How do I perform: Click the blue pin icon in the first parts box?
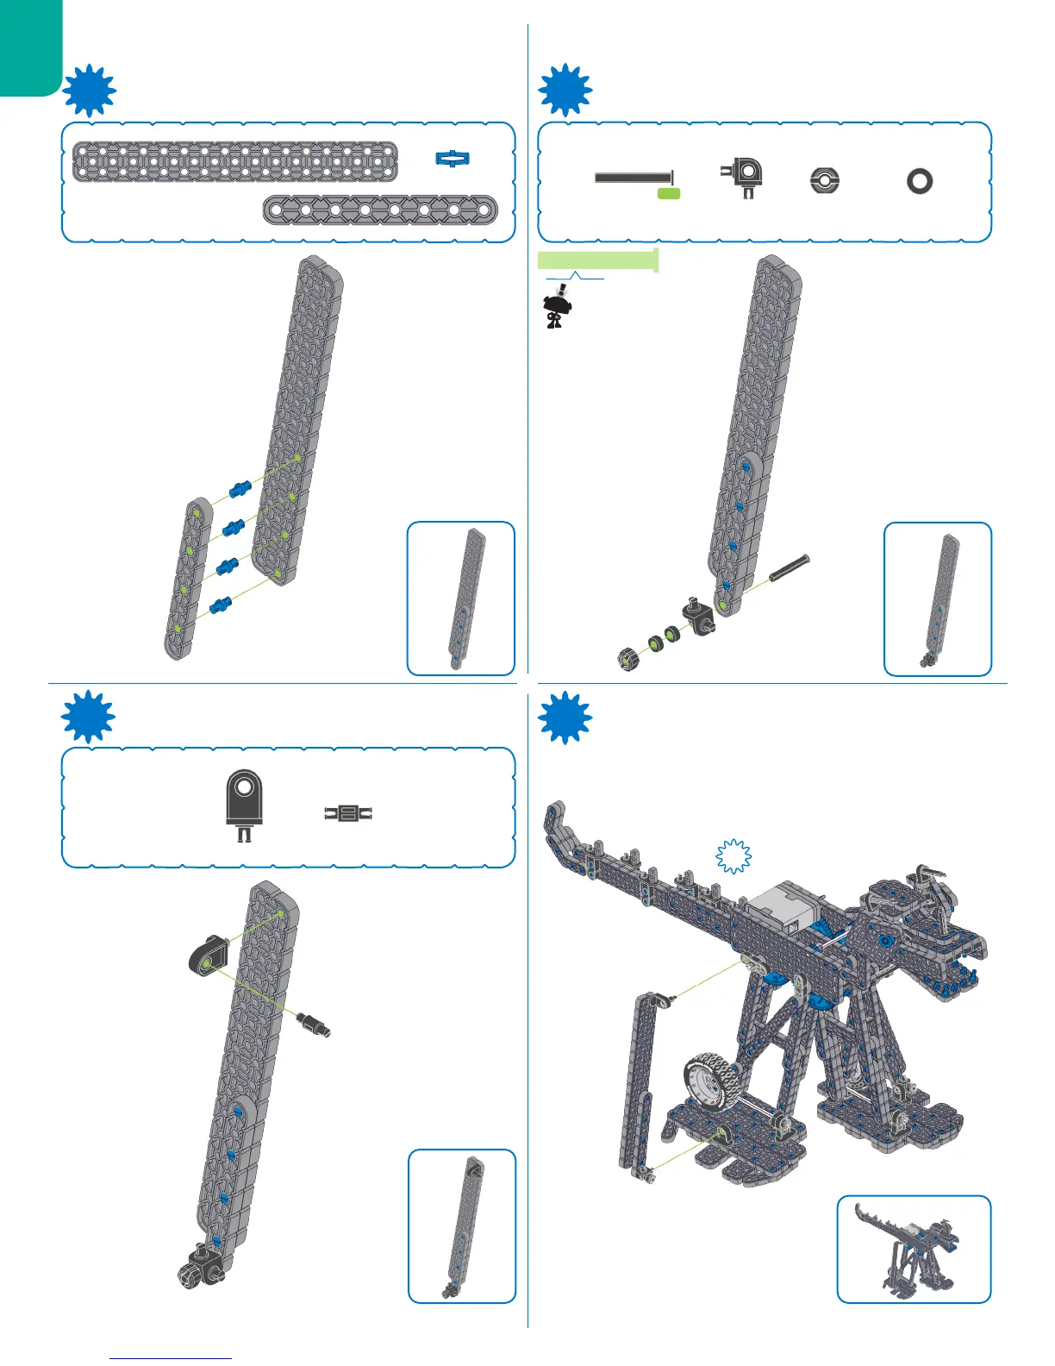click(x=453, y=158)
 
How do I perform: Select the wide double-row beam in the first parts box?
click(x=234, y=161)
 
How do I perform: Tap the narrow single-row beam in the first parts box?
click(x=379, y=210)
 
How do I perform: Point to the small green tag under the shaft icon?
click(x=669, y=194)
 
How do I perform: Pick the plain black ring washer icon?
click(x=920, y=181)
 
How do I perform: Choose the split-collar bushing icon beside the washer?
click(x=825, y=181)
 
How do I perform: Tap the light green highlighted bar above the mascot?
click(x=597, y=260)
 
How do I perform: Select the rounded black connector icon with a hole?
click(x=244, y=800)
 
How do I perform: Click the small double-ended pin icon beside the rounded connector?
click(x=348, y=812)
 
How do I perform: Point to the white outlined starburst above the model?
click(x=734, y=856)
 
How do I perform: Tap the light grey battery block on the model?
click(x=783, y=911)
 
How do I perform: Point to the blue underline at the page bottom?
click(x=172, y=1358)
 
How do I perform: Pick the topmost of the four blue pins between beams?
click(x=240, y=490)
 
